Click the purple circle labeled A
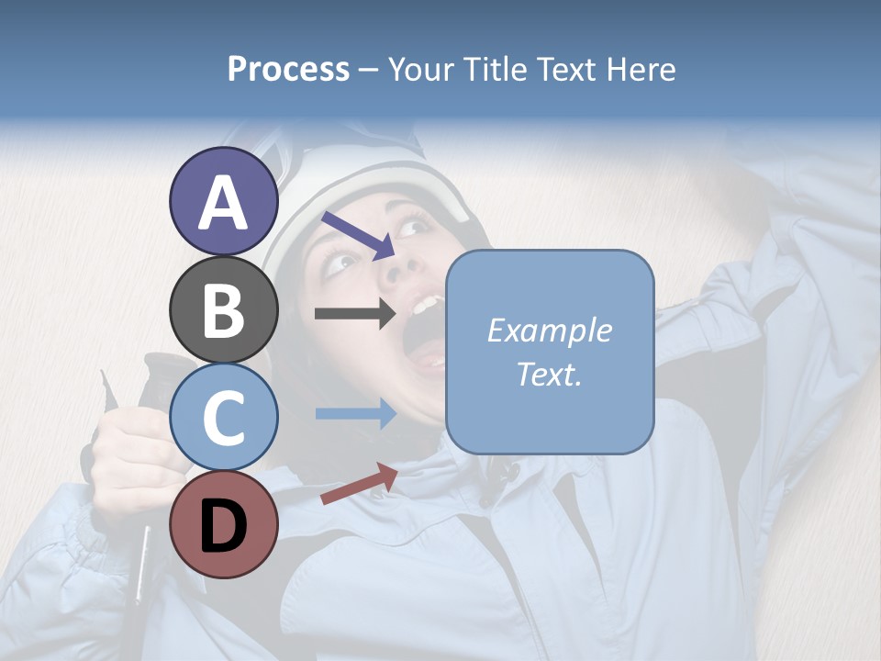click(x=224, y=201)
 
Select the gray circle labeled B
click(x=224, y=309)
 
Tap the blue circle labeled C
click(x=224, y=418)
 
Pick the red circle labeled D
click(x=224, y=525)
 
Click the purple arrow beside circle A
click(x=358, y=234)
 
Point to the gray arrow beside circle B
click(x=355, y=313)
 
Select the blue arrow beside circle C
click(x=355, y=413)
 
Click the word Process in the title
click(x=288, y=70)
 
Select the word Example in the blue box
click(x=549, y=330)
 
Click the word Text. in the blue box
click(x=549, y=375)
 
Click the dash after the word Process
click(x=368, y=71)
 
